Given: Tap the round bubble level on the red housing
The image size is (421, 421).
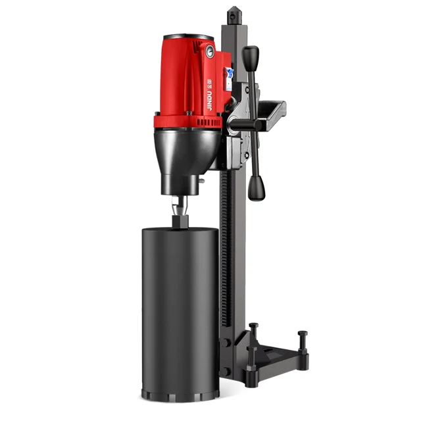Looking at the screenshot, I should point(209,50).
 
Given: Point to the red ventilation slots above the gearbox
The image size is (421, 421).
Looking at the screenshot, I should point(181,121).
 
